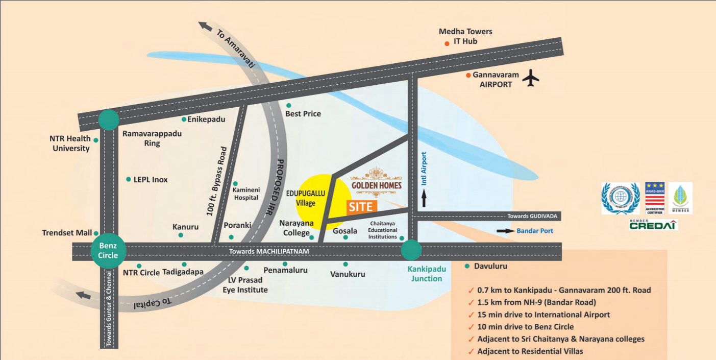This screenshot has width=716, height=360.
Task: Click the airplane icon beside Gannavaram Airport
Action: click(x=532, y=78)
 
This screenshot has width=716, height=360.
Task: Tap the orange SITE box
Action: click(x=362, y=207)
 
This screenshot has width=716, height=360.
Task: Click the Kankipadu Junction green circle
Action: click(x=411, y=250)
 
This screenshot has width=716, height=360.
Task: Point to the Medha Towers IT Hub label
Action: click(x=465, y=36)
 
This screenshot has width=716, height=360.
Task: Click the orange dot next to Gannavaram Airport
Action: click(x=468, y=76)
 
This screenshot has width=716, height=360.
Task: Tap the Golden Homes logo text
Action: click(x=376, y=185)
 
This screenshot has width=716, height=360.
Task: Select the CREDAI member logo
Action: click(x=653, y=225)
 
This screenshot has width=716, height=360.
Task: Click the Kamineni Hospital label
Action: click(x=245, y=194)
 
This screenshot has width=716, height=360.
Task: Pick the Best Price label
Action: click(x=303, y=113)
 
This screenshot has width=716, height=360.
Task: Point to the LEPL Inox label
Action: click(x=151, y=180)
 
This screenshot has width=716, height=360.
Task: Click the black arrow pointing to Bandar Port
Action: click(x=506, y=231)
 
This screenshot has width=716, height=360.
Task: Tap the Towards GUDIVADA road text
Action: click(x=532, y=217)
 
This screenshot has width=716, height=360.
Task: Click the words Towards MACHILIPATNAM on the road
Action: click(x=269, y=252)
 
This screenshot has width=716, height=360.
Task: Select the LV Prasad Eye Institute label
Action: click(x=245, y=285)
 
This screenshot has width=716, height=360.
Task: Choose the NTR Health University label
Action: click(x=70, y=143)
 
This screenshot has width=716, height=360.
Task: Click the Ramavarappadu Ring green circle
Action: click(x=108, y=119)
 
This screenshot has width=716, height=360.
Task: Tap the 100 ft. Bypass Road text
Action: click(x=216, y=181)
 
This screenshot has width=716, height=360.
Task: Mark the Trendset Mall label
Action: click(x=67, y=233)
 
